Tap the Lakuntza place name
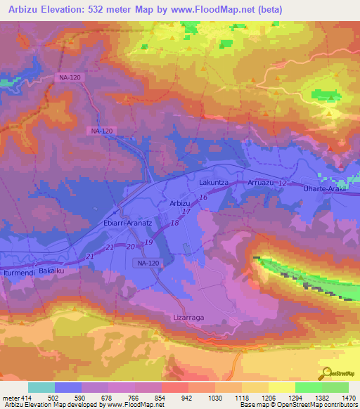coord(214,182)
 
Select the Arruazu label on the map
coord(262,183)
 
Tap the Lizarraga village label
coord(188,318)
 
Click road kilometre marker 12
coord(283,183)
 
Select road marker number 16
coord(202,200)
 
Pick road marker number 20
coord(130,247)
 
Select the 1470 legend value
coord(349,398)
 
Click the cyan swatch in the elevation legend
coord(41,387)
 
